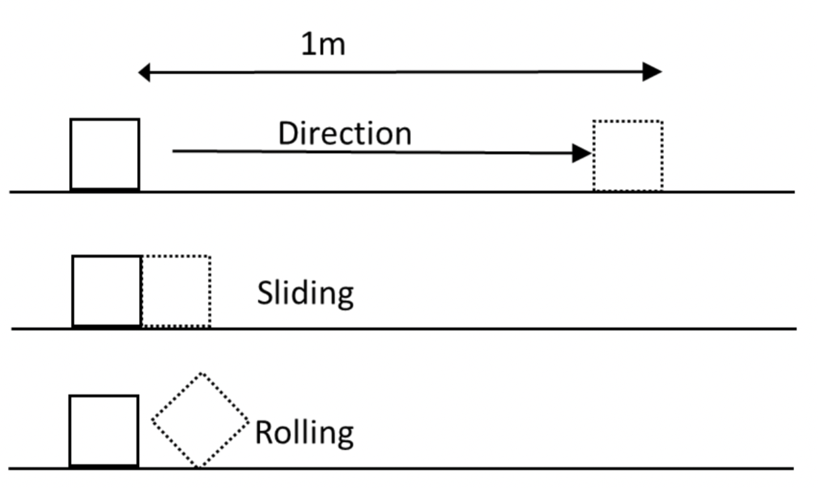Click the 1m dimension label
[323, 45]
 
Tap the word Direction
[344, 134]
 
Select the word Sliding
[305, 293]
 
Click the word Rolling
[305, 433]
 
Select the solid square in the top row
[104, 154]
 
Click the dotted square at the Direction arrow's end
[628, 156]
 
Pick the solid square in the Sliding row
[106, 291]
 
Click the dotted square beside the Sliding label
[176, 291]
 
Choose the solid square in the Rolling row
[104, 431]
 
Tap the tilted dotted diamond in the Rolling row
[200, 420]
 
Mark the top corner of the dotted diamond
[201, 374]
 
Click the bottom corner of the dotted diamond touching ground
[198, 466]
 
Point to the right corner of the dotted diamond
[247, 420]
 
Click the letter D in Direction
[287, 134]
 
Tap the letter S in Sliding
[266, 293]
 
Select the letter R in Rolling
[264, 433]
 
